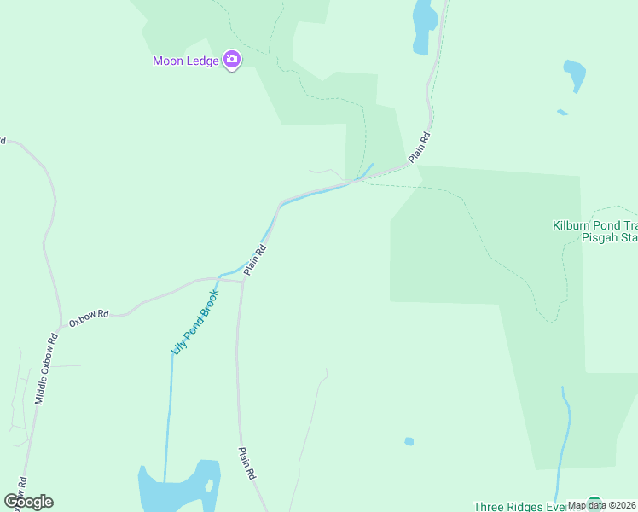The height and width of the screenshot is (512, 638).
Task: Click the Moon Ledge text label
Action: [186, 61]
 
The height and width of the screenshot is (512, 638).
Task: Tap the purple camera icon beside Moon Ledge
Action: [231, 60]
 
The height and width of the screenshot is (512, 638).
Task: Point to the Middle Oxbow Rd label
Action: [46, 369]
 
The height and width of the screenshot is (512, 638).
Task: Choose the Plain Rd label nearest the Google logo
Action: [247, 464]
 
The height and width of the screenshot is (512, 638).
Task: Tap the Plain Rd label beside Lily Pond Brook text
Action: [256, 259]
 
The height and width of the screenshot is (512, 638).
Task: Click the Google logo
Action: [28, 502]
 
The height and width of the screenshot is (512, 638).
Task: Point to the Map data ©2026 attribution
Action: [602, 505]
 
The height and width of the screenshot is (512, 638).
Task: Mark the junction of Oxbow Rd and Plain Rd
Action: [242, 281]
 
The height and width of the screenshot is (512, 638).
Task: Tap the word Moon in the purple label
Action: [168, 61]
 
